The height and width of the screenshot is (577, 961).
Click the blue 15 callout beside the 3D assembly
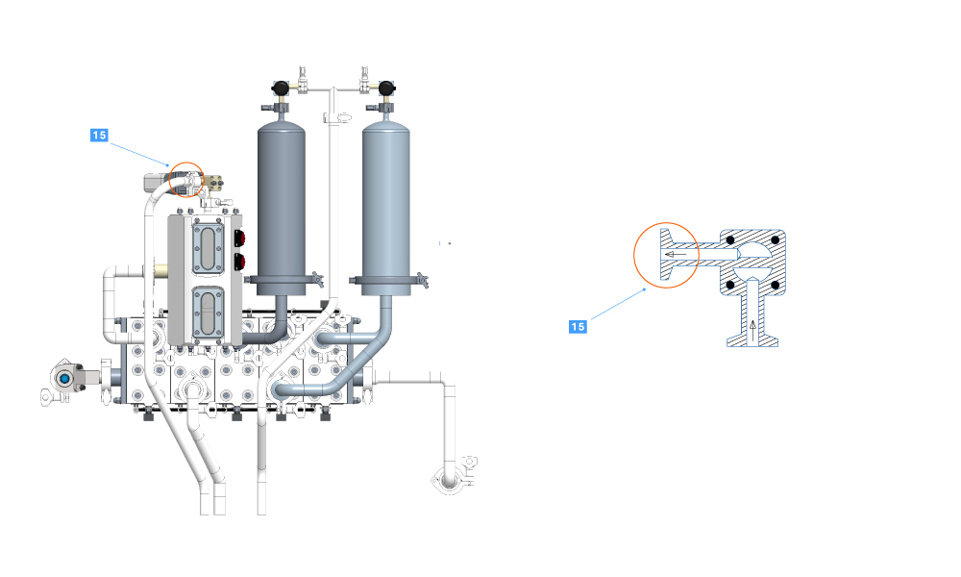(x=99, y=135)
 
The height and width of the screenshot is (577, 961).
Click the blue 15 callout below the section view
(x=578, y=327)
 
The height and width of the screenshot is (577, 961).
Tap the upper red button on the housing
(x=240, y=238)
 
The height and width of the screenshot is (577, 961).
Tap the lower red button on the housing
(x=240, y=263)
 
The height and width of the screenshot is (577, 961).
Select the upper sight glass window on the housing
(x=209, y=249)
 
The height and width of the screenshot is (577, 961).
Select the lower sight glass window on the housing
(x=209, y=314)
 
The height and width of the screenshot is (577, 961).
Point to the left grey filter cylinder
(x=282, y=201)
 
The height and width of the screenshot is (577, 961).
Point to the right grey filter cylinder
(x=385, y=201)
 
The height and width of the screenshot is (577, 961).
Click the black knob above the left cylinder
(x=281, y=88)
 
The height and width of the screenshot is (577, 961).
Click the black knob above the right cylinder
(x=385, y=88)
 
